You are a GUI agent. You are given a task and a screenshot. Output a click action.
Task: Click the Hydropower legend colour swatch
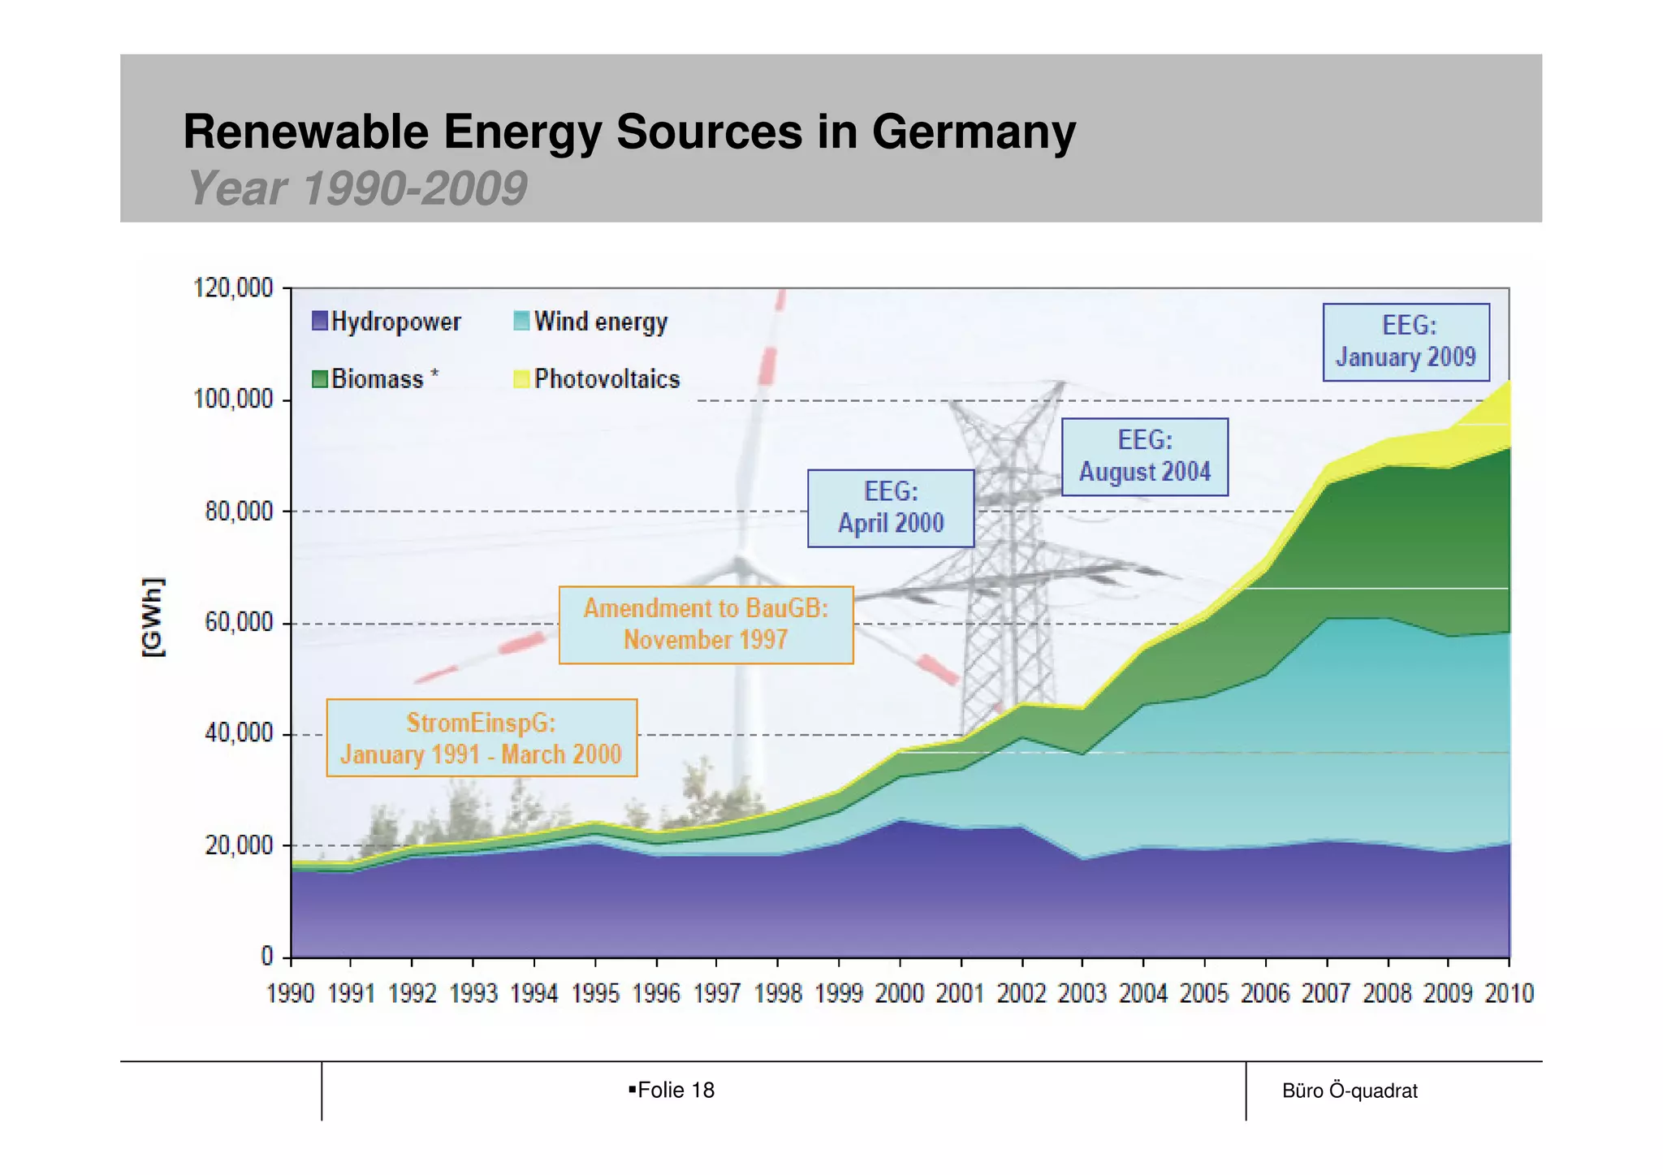click(x=320, y=321)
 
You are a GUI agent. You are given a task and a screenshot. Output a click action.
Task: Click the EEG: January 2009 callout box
click(x=1406, y=342)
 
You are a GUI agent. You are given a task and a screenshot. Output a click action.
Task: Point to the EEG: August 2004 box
click(x=1144, y=456)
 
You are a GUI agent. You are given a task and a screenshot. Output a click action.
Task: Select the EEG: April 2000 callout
click(x=890, y=508)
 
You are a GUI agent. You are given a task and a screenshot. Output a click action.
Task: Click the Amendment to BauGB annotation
click(x=706, y=624)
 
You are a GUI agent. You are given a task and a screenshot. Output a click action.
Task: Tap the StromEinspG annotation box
click(x=481, y=737)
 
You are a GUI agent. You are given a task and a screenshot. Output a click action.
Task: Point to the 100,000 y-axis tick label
click(x=233, y=400)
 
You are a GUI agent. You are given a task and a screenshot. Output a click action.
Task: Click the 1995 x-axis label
click(x=595, y=993)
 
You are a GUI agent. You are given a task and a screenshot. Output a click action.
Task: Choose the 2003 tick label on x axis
click(x=1082, y=993)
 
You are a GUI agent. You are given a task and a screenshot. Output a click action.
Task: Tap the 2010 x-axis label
click(x=1509, y=993)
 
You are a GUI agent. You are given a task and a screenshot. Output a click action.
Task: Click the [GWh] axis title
click(x=153, y=617)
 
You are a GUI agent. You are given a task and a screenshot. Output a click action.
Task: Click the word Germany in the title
click(x=973, y=132)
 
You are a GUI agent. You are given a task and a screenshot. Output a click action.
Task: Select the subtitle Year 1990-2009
click(x=357, y=188)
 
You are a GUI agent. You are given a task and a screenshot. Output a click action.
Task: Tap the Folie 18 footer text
click(x=675, y=1090)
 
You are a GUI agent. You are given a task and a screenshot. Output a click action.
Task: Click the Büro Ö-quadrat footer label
click(x=1350, y=1091)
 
